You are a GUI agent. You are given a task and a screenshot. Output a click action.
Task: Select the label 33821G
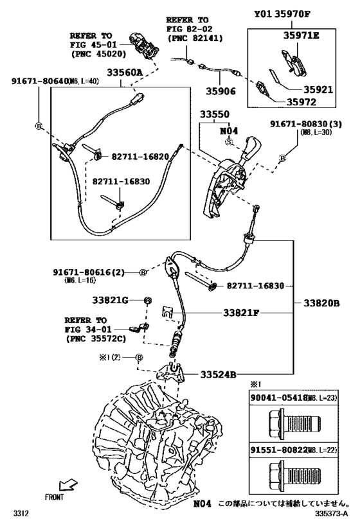point(110,300)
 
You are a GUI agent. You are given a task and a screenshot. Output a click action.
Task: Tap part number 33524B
point(219,374)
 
